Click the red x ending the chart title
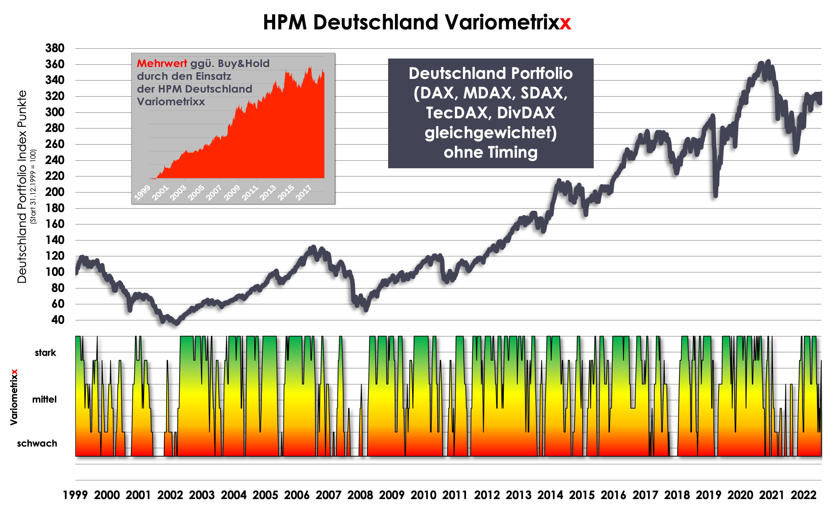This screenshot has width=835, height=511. point(565,23)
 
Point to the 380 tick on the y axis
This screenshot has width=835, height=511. point(55,48)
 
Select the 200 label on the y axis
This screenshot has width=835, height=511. point(55,192)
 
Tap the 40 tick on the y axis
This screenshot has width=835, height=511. point(58,320)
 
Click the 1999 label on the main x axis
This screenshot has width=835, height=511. point(75,495)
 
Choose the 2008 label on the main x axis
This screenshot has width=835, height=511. point(360,495)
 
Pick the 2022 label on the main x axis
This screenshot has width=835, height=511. point(803,495)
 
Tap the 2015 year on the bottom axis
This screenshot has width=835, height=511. point(582,495)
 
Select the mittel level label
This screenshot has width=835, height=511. point(44,400)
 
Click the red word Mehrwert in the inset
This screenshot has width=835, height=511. point(162,64)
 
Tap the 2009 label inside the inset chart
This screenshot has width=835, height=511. point(232,193)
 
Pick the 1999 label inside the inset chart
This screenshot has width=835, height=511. point(142,193)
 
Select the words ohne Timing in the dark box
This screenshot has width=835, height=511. point(491,152)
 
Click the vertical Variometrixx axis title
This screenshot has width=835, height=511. point(14,397)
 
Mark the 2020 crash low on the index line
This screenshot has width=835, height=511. point(715,195)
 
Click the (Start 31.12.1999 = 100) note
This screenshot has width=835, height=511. point(33,187)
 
